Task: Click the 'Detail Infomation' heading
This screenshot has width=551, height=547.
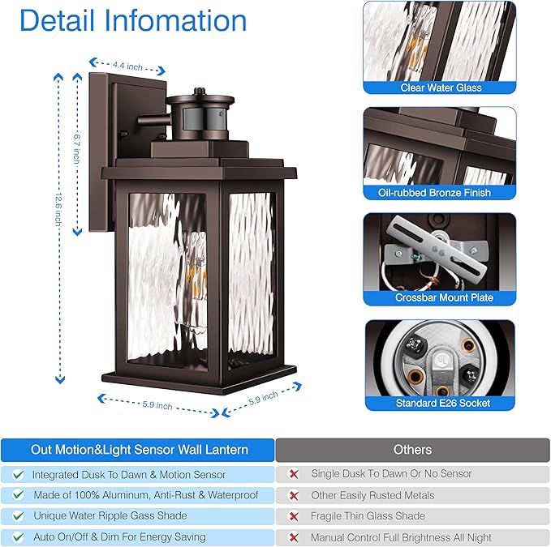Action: pos(133,20)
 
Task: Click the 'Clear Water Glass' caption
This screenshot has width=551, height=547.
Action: pos(441,88)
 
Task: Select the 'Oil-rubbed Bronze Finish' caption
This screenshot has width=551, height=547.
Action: pos(440,193)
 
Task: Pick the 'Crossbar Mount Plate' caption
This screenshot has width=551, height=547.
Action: pos(440,297)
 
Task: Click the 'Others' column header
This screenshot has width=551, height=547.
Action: pos(412,450)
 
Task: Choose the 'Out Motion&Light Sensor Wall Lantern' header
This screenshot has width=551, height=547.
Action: pos(140,450)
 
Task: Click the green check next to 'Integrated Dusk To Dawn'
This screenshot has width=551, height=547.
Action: pos(18,475)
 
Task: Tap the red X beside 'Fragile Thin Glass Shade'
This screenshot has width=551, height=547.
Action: pos(293,516)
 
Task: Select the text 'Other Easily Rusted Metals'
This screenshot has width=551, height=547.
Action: pos(372,495)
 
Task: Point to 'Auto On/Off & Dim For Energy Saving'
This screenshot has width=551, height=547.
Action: pos(119,536)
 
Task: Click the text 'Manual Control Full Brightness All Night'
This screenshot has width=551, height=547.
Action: pos(401,537)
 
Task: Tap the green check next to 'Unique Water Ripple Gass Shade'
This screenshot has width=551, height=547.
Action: pos(18,516)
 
